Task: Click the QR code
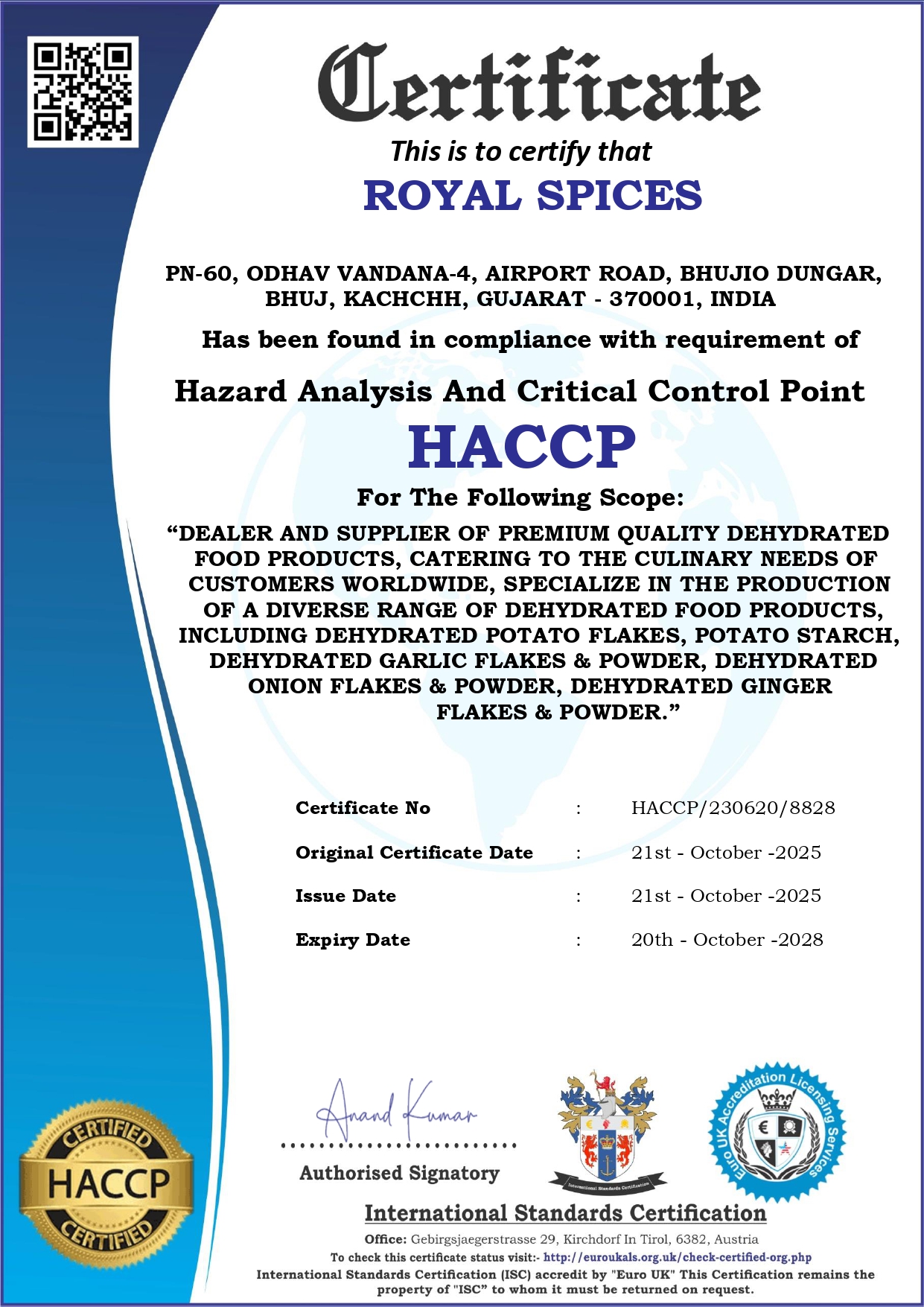tap(83, 92)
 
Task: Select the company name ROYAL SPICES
tap(532, 196)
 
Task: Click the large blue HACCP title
tap(521, 447)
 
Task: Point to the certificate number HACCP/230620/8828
tap(733, 808)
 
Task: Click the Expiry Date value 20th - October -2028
tap(727, 940)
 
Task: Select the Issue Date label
tap(345, 896)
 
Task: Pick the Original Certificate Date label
tap(414, 853)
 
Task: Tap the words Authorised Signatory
tap(399, 1174)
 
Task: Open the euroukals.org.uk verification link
tap(677, 1257)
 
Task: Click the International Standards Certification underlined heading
tap(565, 1214)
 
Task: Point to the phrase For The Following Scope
tap(520, 497)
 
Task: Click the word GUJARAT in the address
tap(531, 299)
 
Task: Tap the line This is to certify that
tap(520, 152)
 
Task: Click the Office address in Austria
tap(584, 1239)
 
